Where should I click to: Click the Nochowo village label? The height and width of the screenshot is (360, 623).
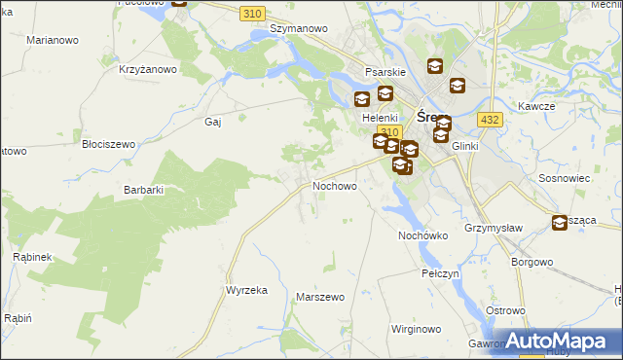334,185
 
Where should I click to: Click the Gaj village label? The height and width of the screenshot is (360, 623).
214,122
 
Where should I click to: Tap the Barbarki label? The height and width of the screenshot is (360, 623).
143,190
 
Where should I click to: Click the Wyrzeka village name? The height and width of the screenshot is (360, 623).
246,291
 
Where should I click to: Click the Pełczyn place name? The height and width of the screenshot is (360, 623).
440,275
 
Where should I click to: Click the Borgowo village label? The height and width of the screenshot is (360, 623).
532,262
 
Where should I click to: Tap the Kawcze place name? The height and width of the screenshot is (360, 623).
535,105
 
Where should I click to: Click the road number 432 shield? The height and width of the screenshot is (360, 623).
490,119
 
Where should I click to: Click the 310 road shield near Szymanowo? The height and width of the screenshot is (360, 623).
252,13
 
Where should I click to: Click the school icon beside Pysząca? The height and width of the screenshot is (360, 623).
560,223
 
